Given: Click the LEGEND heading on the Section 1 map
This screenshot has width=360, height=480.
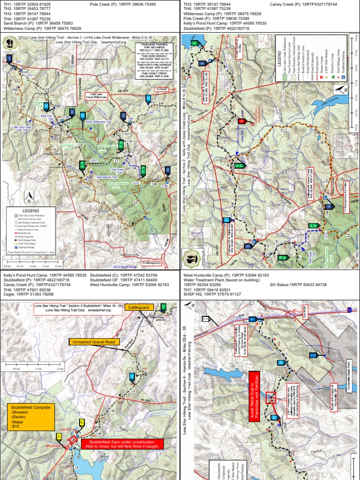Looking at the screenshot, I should (30, 211).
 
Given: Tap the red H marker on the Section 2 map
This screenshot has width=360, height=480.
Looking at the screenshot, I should (242, 121).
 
